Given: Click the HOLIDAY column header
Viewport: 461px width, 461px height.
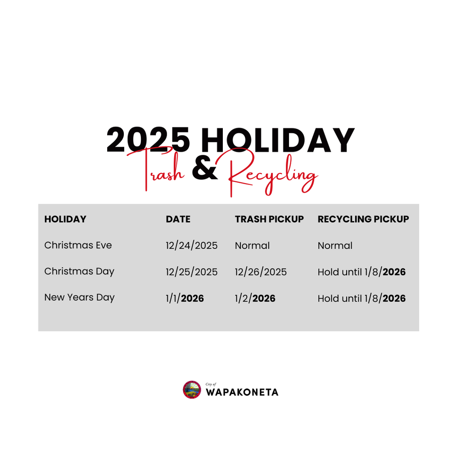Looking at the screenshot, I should pos(65,219).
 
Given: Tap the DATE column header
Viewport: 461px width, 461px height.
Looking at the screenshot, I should pos(178,219).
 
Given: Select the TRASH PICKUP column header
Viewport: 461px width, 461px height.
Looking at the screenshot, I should pos(269,219).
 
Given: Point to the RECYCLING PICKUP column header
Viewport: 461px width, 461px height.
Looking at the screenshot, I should pos(363,219).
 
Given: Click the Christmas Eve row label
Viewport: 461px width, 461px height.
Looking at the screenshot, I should pos(78,245).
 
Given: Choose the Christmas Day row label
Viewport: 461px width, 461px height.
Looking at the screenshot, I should pos(79,271).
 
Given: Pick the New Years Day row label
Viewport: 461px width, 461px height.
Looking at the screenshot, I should pos(79,298).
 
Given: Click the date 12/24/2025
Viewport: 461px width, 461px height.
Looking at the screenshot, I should pos(191,246).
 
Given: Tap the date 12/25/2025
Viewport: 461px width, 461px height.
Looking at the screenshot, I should pos(191,272).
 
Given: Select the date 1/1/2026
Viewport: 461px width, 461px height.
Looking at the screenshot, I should pos(185,298).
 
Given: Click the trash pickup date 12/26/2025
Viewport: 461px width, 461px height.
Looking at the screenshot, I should pos(261,272).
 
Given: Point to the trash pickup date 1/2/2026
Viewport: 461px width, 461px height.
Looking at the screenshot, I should pos(255,298).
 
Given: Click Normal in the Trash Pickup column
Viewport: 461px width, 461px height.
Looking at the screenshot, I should pos(252,246).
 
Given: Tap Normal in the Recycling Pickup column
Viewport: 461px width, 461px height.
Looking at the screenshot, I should pos(335,246).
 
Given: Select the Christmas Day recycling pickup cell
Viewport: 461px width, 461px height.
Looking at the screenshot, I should pos(362,272).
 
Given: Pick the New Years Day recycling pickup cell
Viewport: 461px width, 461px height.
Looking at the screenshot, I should pos(362,298).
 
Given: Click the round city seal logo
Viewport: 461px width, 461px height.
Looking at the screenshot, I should pos(192,390).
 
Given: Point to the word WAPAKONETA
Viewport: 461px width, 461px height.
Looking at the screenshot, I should pos(242,392).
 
